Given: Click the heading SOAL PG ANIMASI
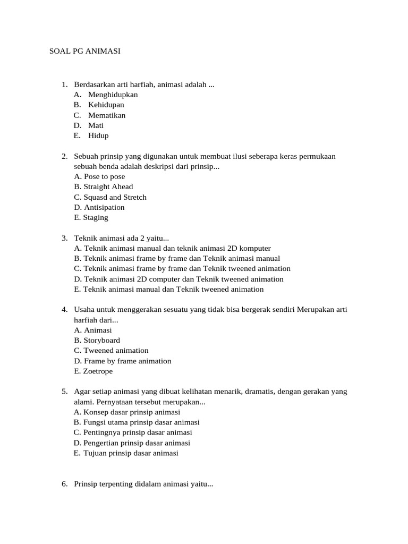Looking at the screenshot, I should coord(85,51).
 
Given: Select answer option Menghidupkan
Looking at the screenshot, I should coord(113,95).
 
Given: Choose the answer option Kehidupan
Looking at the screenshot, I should coord(106,105).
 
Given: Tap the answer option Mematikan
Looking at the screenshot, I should coord(107,115).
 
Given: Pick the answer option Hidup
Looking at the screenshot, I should coord(98,135).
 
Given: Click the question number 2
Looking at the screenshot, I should coord(64,156).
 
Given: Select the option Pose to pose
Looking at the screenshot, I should coord(100,176).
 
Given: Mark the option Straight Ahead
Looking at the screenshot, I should coord(104,186).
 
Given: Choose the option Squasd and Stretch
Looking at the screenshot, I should coord(110,197).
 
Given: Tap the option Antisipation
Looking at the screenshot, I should coord(99,207).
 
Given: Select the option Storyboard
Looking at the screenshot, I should coord(97,340).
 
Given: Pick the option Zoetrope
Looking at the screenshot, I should coord(93,371).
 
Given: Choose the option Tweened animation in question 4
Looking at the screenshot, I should coord(112,351).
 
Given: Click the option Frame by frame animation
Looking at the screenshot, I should coord(123,361).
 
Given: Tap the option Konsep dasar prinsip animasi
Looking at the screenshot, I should coord(127,412).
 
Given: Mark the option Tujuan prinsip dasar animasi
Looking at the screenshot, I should coord(126,453).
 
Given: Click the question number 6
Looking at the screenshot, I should coord(64,484).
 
